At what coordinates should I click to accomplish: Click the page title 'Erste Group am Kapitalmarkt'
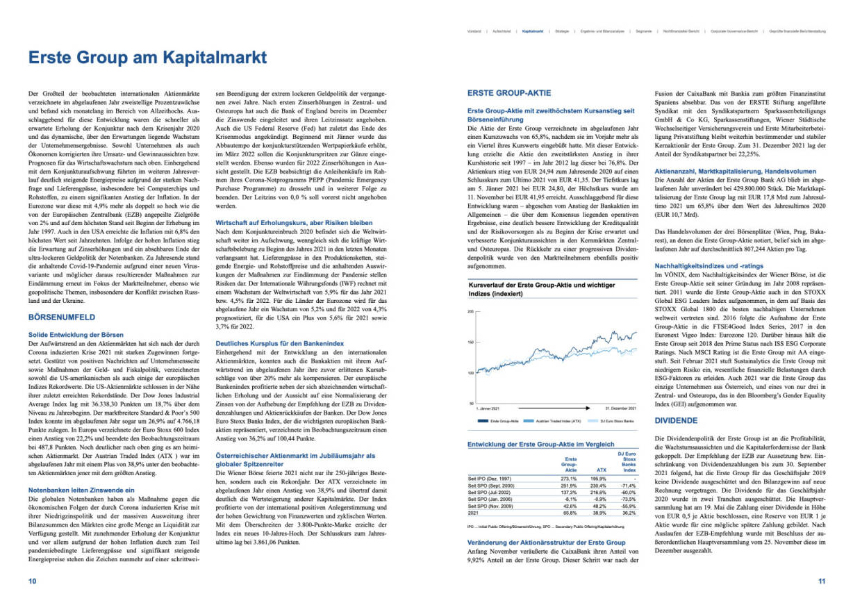[147, 58]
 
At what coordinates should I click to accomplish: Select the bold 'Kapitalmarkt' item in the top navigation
[532, 31]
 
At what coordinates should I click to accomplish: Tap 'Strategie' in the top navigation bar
[563, 31]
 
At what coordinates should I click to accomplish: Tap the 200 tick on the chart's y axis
[470, 312]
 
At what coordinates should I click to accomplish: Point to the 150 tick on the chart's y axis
[470, 342]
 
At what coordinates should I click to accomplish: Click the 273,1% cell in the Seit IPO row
[570, 478]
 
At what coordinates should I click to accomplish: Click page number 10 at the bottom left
[32, 581]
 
